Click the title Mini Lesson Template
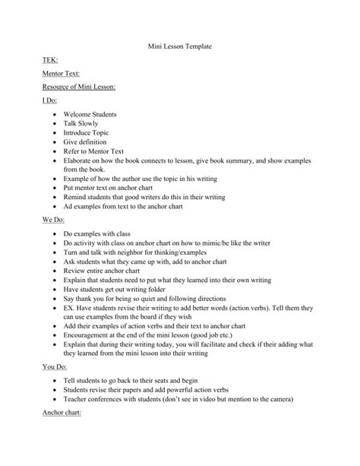(x=180, y=46)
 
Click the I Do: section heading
(x=51, y=100)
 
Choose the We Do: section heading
(x=53, y=219)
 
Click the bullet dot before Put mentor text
(x=55, y=187)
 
